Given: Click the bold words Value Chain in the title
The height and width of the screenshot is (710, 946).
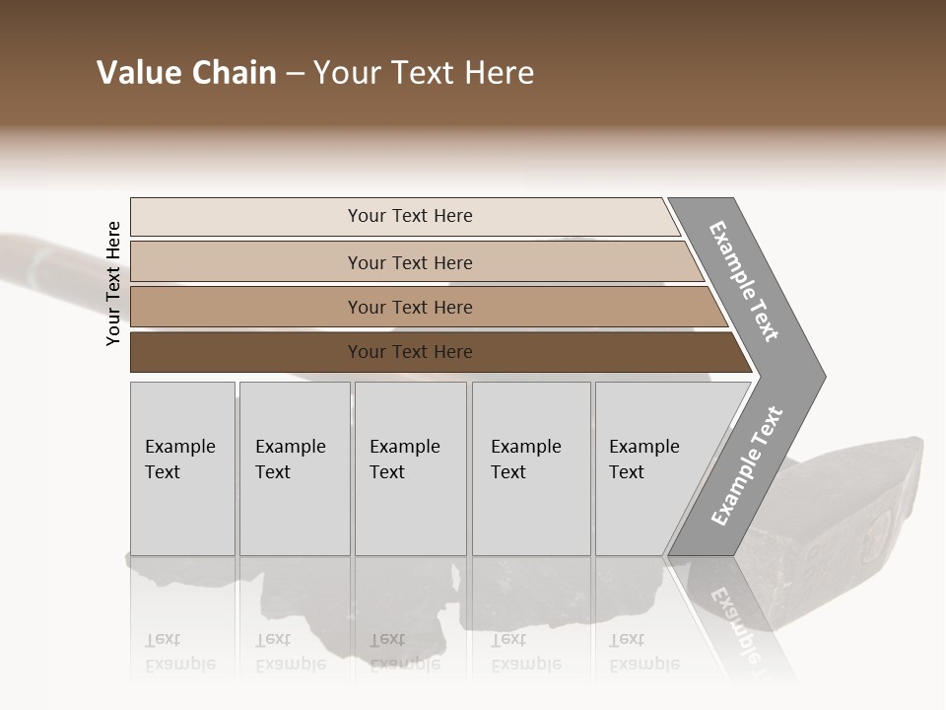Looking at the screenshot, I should [186, 73].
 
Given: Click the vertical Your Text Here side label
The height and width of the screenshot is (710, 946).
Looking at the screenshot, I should [113, 283].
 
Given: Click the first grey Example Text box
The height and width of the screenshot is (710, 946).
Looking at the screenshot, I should [182, 468].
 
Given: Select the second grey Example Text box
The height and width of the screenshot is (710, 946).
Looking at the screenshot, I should [295, 468].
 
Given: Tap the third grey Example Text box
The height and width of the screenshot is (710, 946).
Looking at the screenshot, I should [410, 468].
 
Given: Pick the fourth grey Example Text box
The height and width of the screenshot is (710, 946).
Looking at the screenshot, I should [531, 468].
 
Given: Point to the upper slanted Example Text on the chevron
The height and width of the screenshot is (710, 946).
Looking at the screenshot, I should [744, 281].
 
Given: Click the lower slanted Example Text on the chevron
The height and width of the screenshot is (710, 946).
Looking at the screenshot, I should [747, 465].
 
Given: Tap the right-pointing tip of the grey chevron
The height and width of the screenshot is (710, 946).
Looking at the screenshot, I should [820, 376].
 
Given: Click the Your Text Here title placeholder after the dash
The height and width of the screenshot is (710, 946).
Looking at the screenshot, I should [424, 73].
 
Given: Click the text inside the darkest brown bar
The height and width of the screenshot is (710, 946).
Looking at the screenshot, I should [410, 352].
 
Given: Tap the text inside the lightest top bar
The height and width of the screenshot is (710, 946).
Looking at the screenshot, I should [410, 216].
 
